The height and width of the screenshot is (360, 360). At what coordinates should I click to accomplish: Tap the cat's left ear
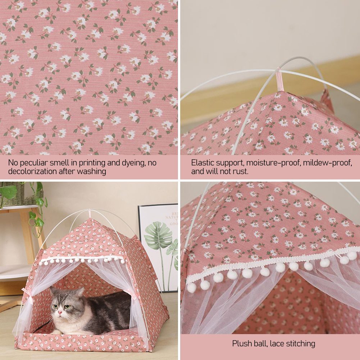80,292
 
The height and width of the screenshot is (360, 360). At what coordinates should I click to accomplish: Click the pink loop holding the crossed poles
279,80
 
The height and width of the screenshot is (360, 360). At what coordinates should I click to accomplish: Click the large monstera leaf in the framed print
158,235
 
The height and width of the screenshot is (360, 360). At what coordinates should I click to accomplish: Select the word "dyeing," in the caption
133,163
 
